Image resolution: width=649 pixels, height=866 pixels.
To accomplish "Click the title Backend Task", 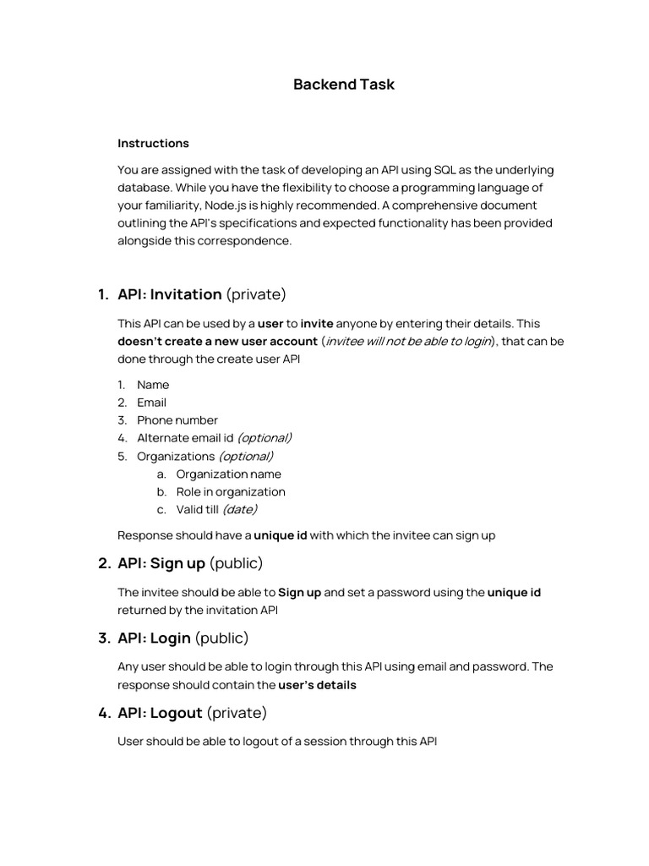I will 343,85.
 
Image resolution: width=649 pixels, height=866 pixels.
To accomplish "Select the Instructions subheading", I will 153,143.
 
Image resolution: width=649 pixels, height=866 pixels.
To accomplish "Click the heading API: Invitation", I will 169,294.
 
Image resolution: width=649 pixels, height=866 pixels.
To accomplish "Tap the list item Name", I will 153,385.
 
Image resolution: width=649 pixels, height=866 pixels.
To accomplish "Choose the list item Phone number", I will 177,420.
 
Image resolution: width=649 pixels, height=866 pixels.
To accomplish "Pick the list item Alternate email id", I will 185,438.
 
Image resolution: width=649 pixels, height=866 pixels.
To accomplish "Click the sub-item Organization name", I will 228,474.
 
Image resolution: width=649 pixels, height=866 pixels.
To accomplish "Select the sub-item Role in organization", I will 231,491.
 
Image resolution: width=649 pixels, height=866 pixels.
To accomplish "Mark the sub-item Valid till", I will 198,509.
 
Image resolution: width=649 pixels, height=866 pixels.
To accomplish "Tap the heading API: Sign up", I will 161,563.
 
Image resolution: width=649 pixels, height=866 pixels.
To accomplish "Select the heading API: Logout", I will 160,713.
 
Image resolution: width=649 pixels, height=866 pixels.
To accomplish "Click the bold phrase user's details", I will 317,685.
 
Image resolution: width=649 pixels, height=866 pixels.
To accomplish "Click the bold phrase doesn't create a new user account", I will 217,342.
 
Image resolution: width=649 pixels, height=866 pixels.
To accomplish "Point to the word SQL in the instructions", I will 445,170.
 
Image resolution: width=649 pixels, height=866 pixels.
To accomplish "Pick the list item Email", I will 152,403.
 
